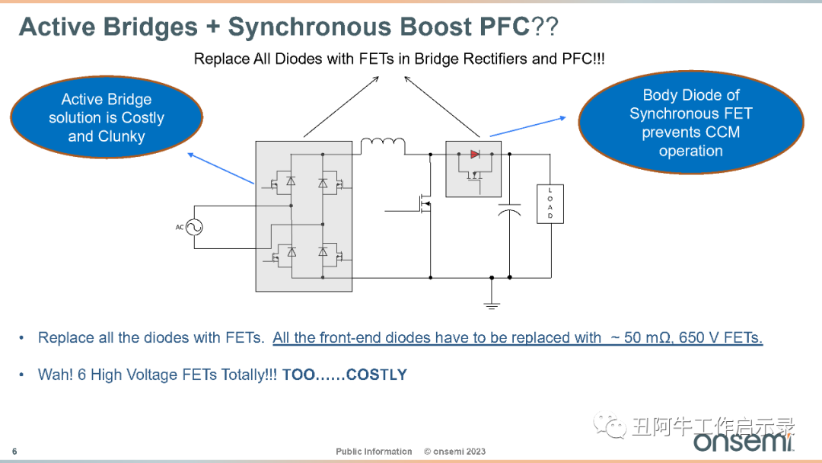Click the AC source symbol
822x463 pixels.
pos(194,227)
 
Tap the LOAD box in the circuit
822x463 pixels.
pos(550,204)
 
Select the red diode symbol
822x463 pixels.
pos(475,154)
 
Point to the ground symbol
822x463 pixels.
pos(491,305)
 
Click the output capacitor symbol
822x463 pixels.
pos(509,209)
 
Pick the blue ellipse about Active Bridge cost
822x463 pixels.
pos(107,117)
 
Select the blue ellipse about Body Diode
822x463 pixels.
pos(691,123)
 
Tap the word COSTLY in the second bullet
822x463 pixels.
pos(377,375)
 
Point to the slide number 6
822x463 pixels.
pos(14,452)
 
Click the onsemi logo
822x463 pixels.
pos(744,440)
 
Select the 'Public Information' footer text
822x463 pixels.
pos(374,452)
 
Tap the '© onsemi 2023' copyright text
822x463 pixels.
pos(454,452)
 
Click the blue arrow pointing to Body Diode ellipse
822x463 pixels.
pos(528,127)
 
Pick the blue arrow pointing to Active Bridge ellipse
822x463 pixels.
pos(221,168)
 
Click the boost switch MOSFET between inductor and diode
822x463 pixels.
pos(424,203)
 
